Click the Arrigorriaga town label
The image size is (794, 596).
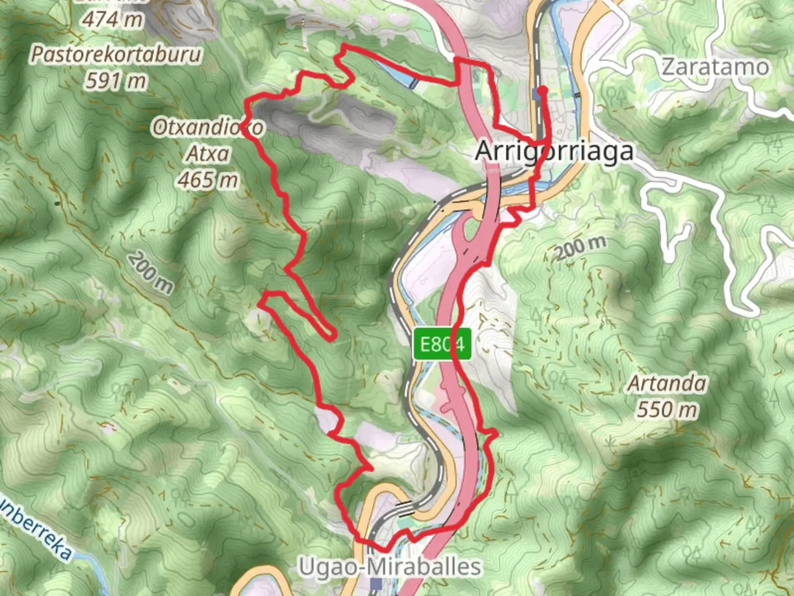554,151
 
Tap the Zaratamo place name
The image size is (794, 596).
715,67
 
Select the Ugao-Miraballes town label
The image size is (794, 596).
390,566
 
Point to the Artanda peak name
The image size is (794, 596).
667,383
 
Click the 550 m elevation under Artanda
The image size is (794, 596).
667,409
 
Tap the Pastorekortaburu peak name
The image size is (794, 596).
116,55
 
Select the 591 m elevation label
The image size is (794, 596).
116,81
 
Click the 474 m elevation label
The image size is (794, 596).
113,20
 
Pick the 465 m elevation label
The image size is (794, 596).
208,179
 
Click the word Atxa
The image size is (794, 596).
208,153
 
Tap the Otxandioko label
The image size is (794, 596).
208,127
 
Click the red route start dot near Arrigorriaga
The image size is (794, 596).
543,89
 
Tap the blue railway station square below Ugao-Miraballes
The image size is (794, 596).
377,583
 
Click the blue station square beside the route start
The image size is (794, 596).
537,95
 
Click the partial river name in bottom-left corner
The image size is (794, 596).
36,529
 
